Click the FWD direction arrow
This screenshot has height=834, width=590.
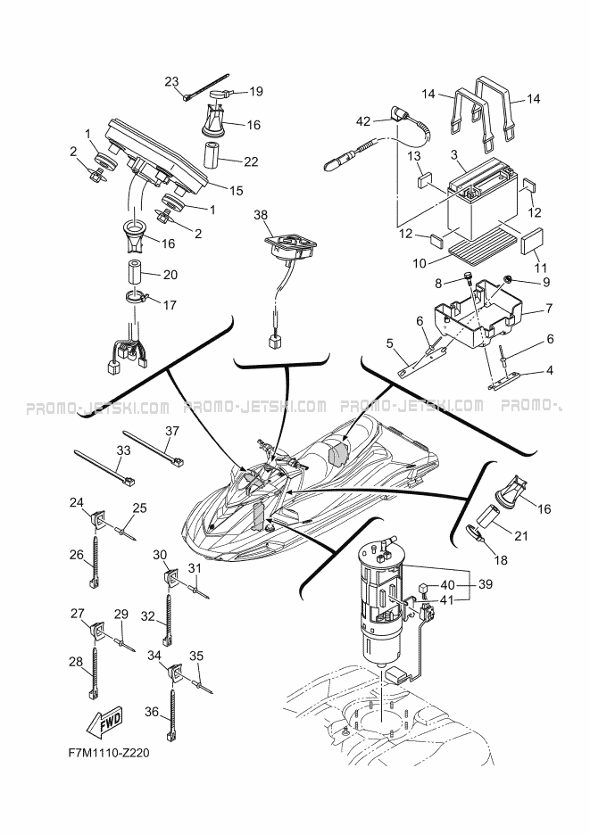pyautogui.click(x=104, y=722)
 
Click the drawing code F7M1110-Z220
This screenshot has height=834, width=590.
pyautogui.click(x=109, y=753)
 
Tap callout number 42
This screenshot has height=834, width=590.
pyautogui.click(x=362, y=122)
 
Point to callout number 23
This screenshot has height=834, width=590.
pyautogui.click(x=171, y=81)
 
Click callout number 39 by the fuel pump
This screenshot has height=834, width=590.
pyautogui.click(x=486, y=584)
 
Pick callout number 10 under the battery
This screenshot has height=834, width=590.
pyautogui.click(x=420, y=263)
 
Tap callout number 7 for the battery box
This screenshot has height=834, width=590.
pyautogui.click(x=549, y=308)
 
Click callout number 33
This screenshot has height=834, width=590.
pyautogui.click(x=123, y=450)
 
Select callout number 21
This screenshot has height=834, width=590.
pyautogui.click(x=521, y=535)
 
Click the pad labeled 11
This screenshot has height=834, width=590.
pyautogui.click(x=532, y=242)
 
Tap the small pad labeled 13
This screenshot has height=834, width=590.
pyautogui.click(x=426, y=180)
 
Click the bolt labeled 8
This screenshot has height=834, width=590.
pyautogui.click(x=469, y=277)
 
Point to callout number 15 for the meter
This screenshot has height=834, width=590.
pyautogui.click(x=236, y=190)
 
